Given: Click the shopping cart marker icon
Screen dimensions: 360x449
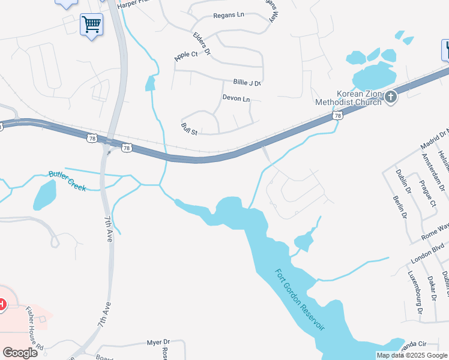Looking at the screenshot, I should coord(91,25).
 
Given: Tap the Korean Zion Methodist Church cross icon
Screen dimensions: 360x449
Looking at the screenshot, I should coord(391,97).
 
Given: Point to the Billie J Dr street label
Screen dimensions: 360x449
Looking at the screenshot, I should coord(247,83).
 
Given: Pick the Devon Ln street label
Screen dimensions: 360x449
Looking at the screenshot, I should coord(235,98).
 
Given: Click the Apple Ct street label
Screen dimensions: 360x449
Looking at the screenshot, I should coord(186,55).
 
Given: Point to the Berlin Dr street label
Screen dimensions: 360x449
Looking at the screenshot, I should coord(400,207).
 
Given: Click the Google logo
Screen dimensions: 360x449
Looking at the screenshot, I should coord(20,353).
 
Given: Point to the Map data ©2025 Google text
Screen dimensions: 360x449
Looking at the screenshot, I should coord(412,355).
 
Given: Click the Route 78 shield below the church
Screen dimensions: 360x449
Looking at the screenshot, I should coord(339,115).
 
